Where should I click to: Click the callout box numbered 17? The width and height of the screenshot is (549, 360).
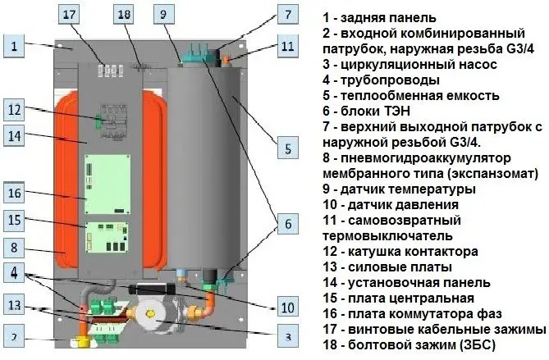(69, 14)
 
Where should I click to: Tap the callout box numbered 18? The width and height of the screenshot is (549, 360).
(124, 14)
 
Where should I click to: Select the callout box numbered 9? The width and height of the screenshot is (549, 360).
(164, 14)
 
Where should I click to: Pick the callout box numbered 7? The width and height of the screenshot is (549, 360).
(288, 14)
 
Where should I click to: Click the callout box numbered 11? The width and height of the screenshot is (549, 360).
(288, 45)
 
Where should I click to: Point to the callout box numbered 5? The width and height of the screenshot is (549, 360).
(288, 148)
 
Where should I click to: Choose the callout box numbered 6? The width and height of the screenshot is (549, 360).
(288, 223)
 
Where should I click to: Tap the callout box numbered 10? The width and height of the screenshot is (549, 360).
(288, 308)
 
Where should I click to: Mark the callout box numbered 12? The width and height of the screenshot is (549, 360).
(14, 110)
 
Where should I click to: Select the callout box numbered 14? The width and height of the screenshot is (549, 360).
(14, 135)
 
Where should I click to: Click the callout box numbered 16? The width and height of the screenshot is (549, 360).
(14, 193)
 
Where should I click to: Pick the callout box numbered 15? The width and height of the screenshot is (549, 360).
(14, 221)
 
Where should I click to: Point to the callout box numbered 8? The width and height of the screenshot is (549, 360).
(14, 248)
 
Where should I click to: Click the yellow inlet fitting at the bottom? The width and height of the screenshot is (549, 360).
(84, 342)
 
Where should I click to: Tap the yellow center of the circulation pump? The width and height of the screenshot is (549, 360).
(150, 314)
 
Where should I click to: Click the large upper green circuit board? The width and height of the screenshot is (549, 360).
(108, 184)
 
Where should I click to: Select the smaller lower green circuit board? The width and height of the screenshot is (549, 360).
(107, 237)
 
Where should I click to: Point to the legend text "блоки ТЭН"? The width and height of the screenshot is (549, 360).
(375, 111)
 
